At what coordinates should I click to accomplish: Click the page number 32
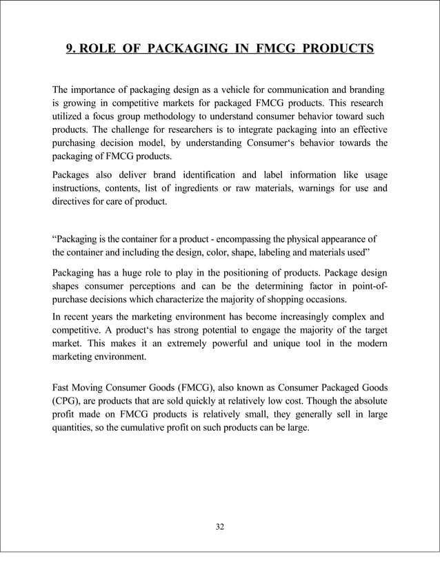point(219,528)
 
